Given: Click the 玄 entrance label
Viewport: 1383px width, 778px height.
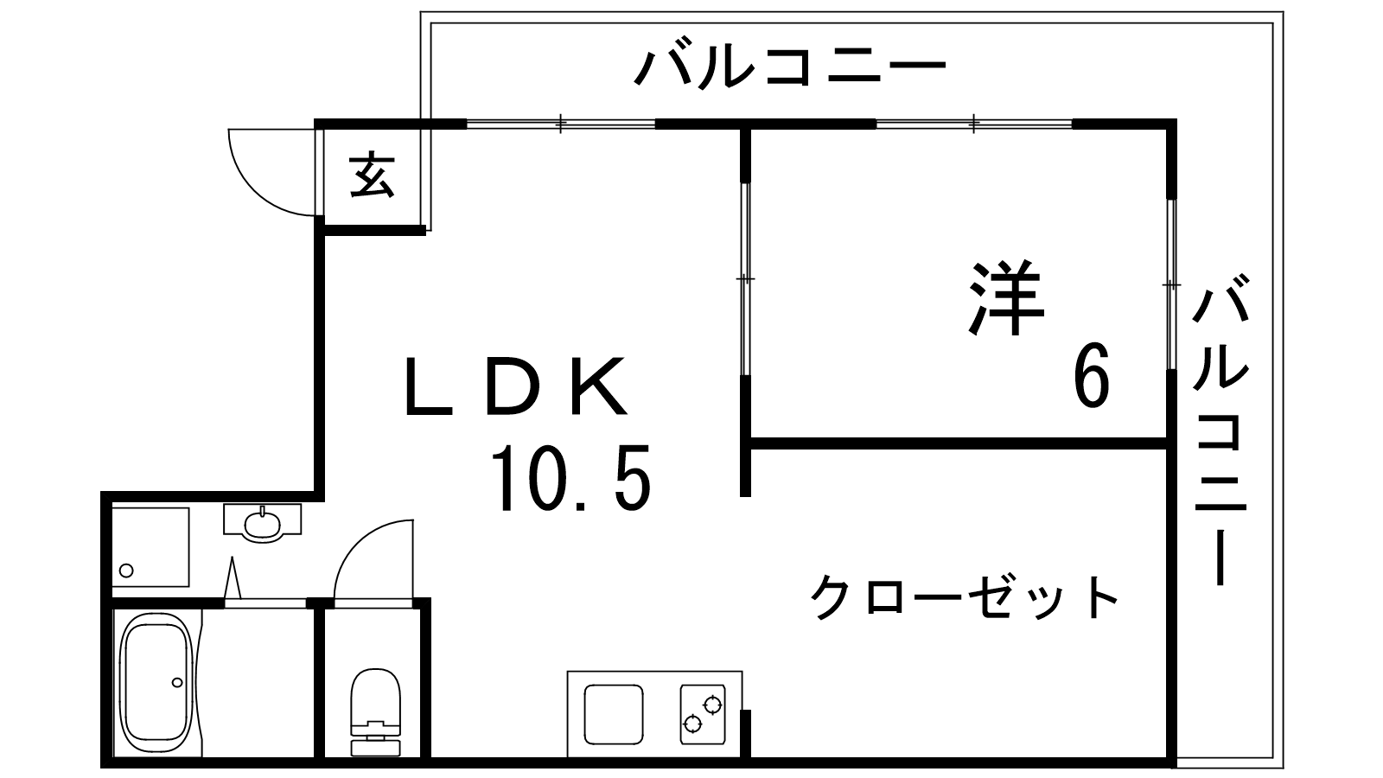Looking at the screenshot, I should tap(373, 175).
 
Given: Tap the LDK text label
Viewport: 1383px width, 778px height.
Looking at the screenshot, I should tap(516, 386).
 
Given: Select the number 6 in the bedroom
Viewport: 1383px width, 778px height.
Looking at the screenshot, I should tap(1092, 377).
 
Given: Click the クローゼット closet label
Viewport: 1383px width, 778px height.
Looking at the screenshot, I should tap(965, 597).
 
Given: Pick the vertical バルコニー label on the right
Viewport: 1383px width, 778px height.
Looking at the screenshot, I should tap(1220, 428).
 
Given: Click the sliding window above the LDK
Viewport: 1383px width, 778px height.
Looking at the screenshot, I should tap(560, 124).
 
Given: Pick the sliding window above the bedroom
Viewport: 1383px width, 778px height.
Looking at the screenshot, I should tap(973, 124).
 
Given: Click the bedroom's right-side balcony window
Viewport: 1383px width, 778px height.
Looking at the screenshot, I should tap(1171, 284).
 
